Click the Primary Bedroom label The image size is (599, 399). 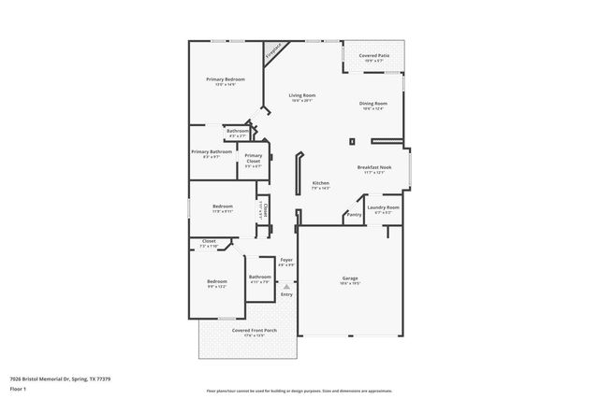point(220,80)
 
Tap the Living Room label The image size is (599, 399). point(300,95)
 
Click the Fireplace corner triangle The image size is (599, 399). point(273,50)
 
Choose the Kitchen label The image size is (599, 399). point(320,182)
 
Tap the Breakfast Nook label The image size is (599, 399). point(373,167)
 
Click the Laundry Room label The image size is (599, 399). point(382,207)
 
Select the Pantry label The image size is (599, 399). point(353,214)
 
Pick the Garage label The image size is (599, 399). point(350,278)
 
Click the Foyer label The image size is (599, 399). point(286,260)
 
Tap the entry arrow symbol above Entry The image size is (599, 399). point(286,286)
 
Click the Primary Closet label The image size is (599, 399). point(253,157)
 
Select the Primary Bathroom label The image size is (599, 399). point(212,151)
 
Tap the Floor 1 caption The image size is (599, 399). point(18,388)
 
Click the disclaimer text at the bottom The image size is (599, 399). point(298,390)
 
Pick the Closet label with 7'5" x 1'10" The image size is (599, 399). point(209,242)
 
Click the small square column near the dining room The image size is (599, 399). point(352,142)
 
